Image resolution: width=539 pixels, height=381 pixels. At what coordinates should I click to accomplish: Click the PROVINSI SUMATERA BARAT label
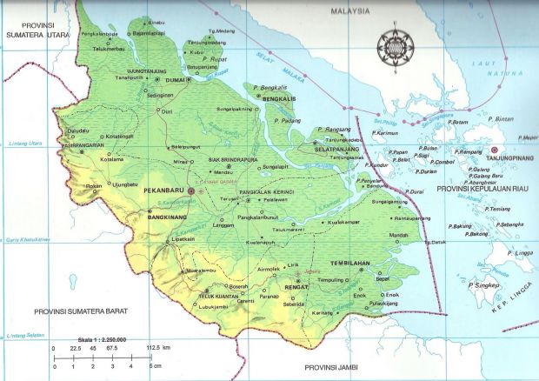77,311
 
